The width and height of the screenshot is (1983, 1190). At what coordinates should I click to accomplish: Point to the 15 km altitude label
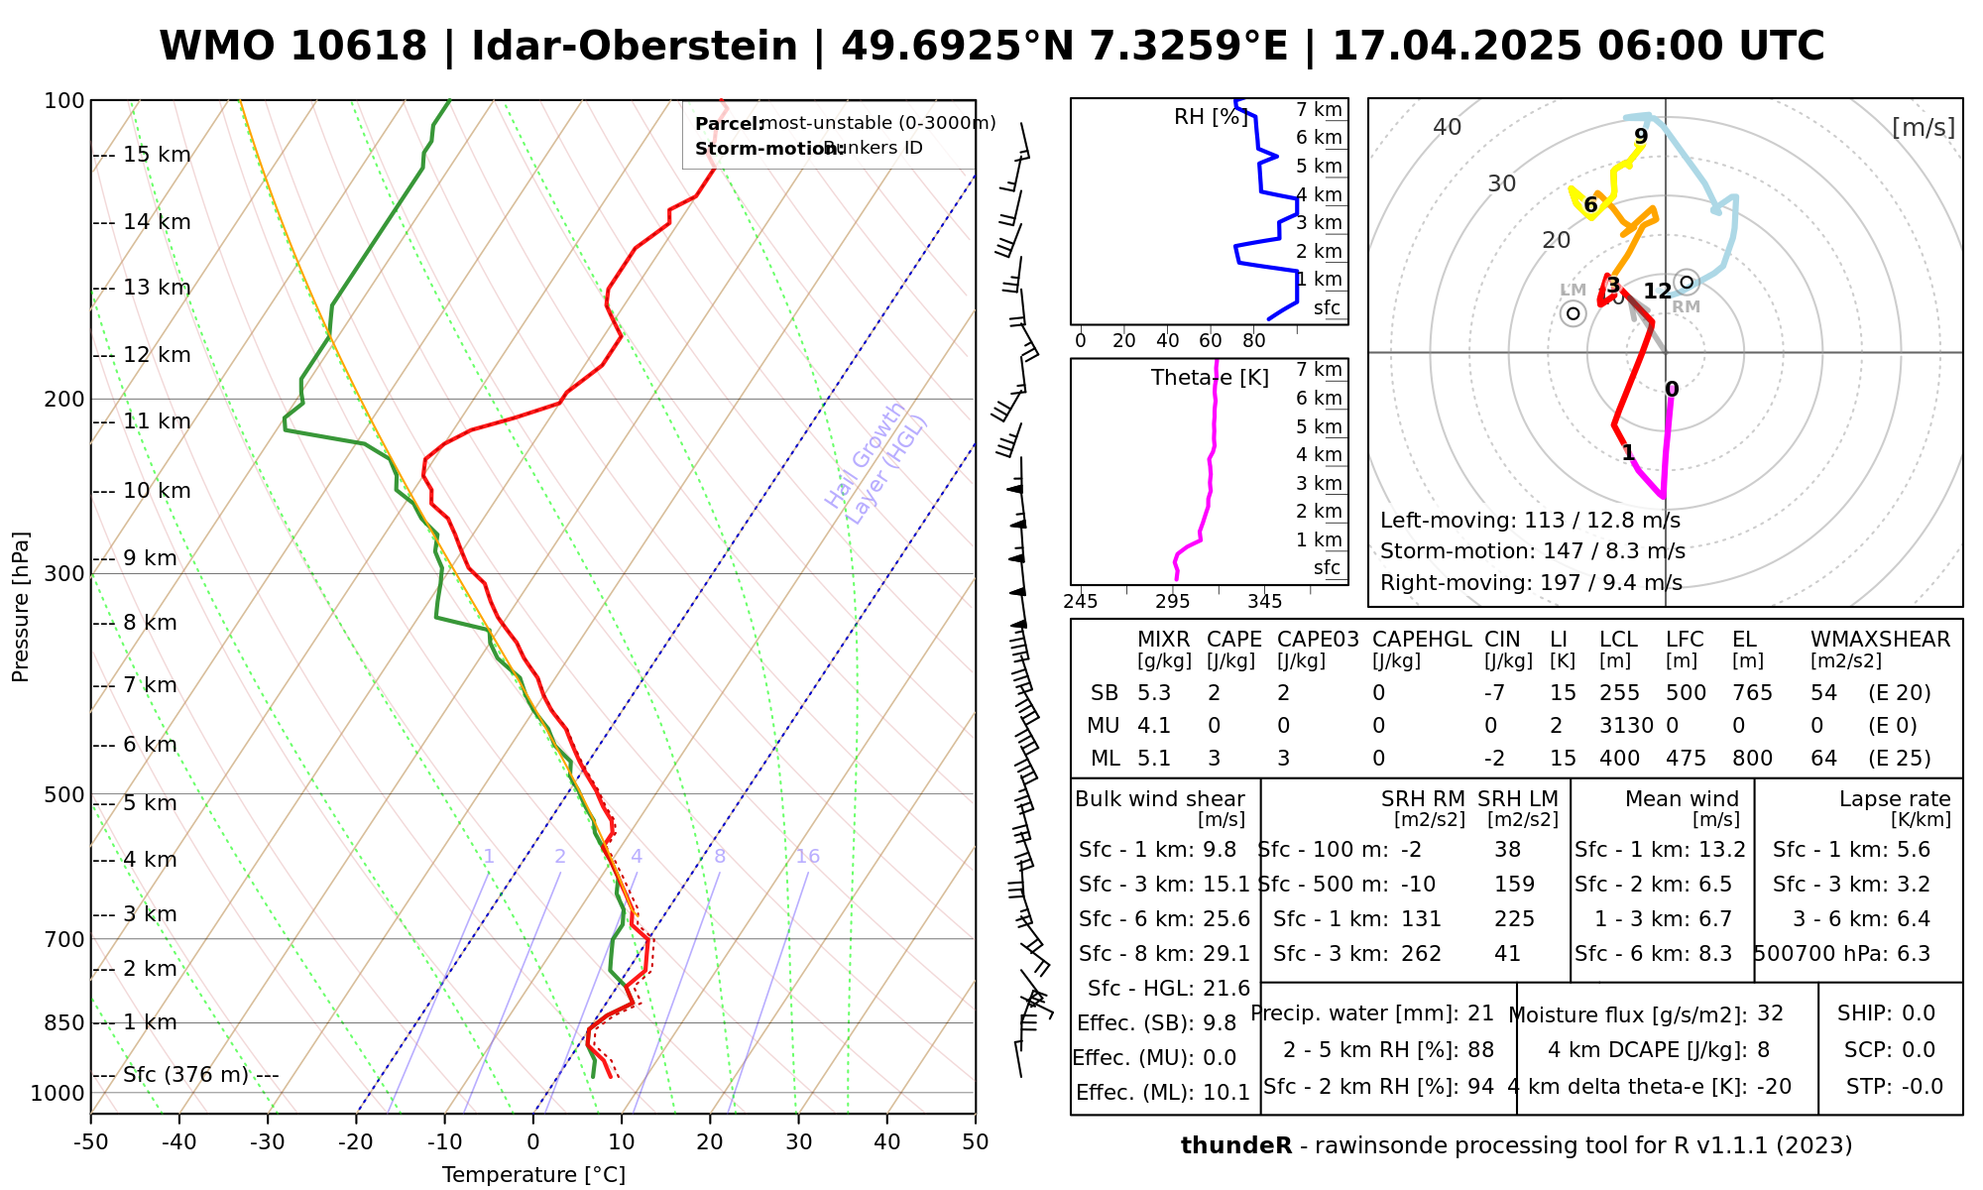point(157,155)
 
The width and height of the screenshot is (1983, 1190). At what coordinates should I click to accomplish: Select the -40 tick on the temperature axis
point(179,1142)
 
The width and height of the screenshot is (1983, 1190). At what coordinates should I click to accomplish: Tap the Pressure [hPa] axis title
point(21,607)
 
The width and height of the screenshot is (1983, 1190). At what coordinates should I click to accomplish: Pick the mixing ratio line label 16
point(807,857)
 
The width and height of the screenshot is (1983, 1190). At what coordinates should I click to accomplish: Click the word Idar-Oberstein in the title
point(635,47)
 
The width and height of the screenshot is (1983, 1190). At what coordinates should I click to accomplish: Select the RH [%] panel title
point(1211,117)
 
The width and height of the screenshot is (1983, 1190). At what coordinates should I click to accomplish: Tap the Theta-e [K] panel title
point(1210,378)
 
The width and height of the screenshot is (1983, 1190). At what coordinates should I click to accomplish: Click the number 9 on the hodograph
point(1641,136)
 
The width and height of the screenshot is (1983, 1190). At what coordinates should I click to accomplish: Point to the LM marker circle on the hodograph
point(1573,313)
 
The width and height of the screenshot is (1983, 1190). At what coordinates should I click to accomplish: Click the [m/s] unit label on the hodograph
point(1924,127)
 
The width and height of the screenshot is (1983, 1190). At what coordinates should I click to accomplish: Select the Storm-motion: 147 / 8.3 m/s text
point(1532,551)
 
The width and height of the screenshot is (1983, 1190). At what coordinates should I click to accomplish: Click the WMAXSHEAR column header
point(1880,640)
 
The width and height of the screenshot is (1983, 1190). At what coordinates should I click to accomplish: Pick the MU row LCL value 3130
point(1626,726)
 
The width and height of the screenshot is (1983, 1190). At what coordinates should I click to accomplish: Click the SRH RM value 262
point(1421,954)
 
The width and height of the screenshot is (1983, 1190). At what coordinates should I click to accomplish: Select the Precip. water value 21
point(1480,1013)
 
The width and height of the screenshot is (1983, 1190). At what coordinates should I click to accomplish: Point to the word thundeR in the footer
point(1235,1146)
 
